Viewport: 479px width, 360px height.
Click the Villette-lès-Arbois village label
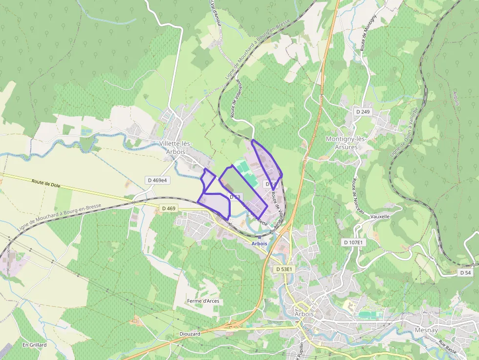pyautogui.click(x=175, y=147)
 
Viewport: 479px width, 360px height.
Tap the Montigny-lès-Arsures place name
pyautogui.click(x=346, y=143)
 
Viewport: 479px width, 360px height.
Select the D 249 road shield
pyautogui.click(x=363, y=112)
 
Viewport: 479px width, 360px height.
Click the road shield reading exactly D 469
pyautogui.click(x=168, y=209)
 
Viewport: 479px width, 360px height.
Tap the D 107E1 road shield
pyautogui.click(x=353, y=242)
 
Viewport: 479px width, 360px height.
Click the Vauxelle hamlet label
pyautogui.click(x=380, y=216)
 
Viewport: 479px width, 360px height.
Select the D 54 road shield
pyautogui.click(x=465, y=273)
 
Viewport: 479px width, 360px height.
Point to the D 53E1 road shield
pyautogui.click(x=284, y=269)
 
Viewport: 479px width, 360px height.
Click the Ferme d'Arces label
pyautogui.click(x=203, y=301)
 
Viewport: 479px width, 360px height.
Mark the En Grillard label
pyautogui.click(x=34, y=345)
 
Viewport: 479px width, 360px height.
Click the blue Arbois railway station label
pyautogui.click(x=259, y=243)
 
